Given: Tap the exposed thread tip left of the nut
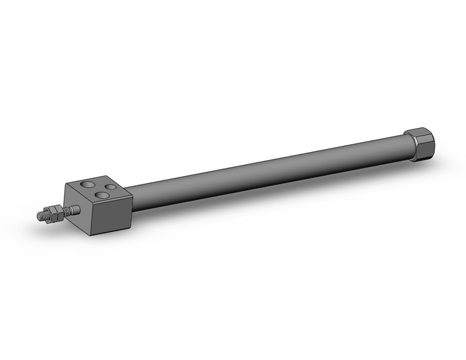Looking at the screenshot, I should pyautogui.click(x=42, y=216).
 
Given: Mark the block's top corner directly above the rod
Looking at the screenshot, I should pyautogui.click(x=66, y=184).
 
